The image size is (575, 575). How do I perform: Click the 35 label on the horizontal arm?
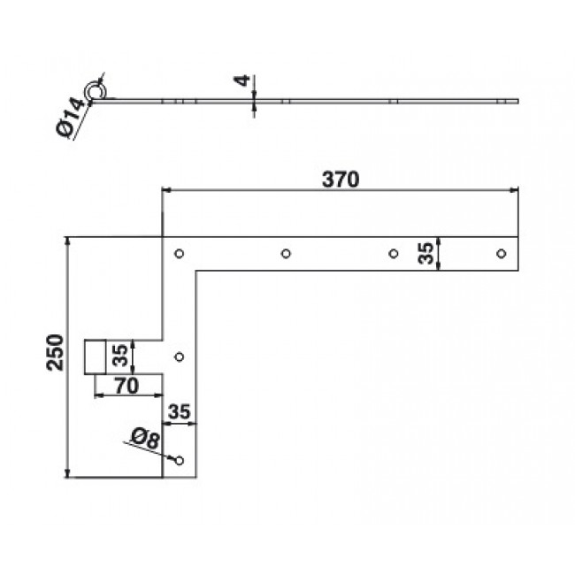(x=426, y=254)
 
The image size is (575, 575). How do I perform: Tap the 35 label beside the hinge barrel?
(x=119, y=356)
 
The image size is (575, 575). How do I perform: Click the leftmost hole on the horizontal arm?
(x=179, y=254)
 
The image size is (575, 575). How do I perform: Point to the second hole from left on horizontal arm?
(x=286, y=254)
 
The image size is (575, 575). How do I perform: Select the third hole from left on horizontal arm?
(x=394, y=254)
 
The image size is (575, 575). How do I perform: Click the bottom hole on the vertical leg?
(x=180, y=460)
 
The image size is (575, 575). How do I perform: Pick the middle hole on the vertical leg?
(x=180, y=357)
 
